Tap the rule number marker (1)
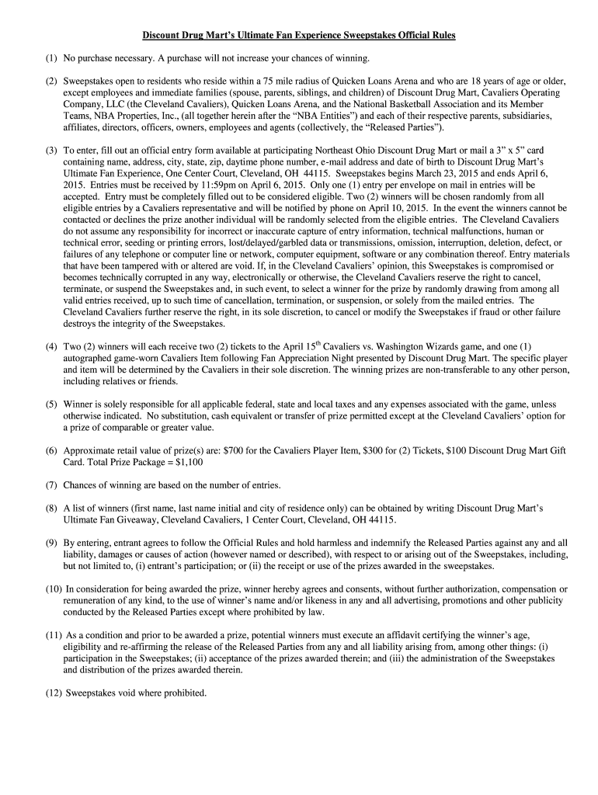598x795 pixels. [x=51, y=58]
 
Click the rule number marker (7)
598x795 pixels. [x=51, y=485]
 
